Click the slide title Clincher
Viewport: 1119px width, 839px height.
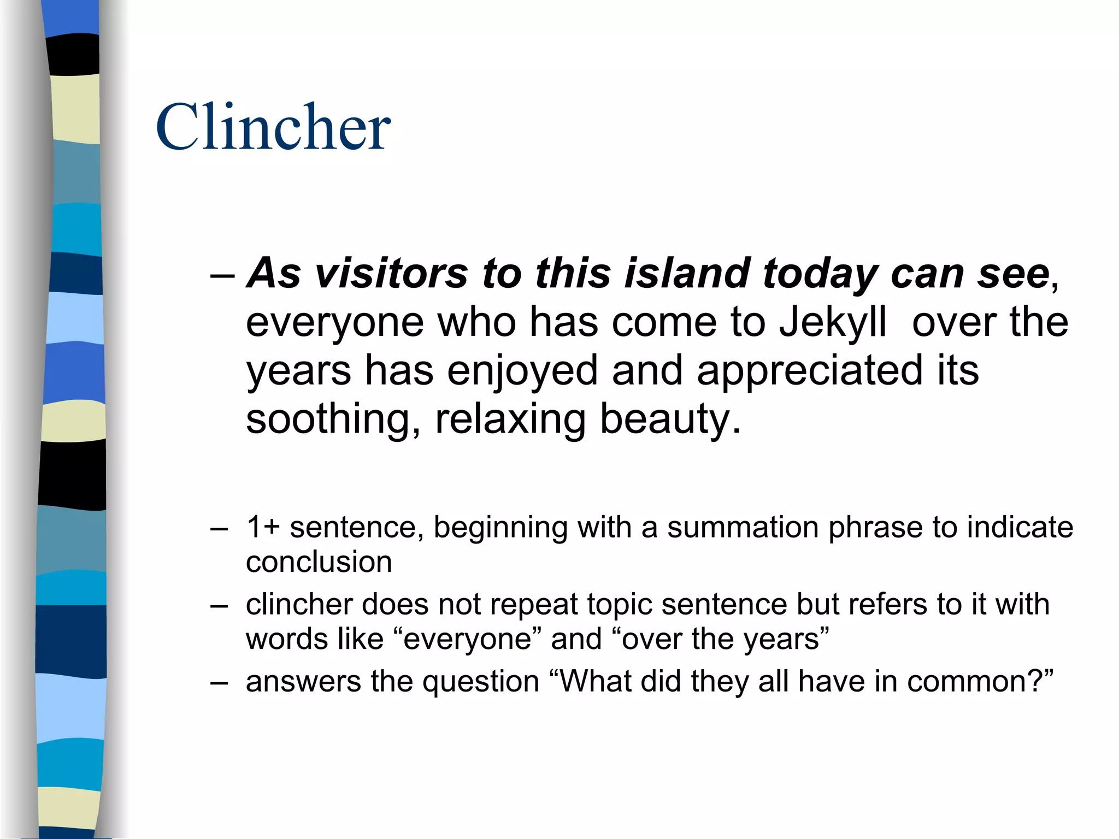click(x=273, y=127)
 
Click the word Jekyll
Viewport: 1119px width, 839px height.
click(x=832, y=322)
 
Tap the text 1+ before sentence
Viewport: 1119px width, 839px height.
click(x=263, y=528)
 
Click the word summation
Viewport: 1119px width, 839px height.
click(x=743, y=528)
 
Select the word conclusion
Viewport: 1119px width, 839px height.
click(x=319, y=563)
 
